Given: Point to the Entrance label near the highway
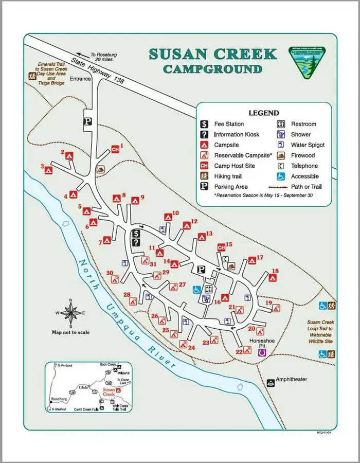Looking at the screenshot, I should (x=80, y=79).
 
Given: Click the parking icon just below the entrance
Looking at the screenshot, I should (x=88, y=121).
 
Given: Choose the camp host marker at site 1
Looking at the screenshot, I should (x=116, y=150).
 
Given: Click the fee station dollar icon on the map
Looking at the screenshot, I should (x=136, y=234).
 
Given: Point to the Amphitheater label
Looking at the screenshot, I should (x=291, y=380).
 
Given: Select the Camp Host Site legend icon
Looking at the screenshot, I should (x=204, y=166).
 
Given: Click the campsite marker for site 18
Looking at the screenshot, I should (x=273, y=278).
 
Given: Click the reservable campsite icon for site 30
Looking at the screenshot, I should (x=117, y=280).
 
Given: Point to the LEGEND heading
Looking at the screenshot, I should (x=263, y=113).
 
